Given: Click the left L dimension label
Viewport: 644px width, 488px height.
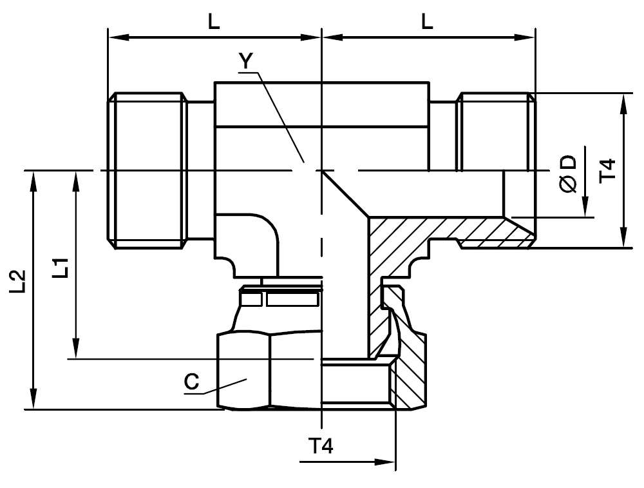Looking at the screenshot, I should coord(214,22).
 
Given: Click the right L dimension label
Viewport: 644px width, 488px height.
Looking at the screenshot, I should coord(427,22).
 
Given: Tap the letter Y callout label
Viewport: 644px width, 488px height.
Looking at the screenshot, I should coord(245,61).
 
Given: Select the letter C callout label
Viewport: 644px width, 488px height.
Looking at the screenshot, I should coord(191,382).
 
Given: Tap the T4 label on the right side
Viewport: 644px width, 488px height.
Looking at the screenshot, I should coord(608,170).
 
